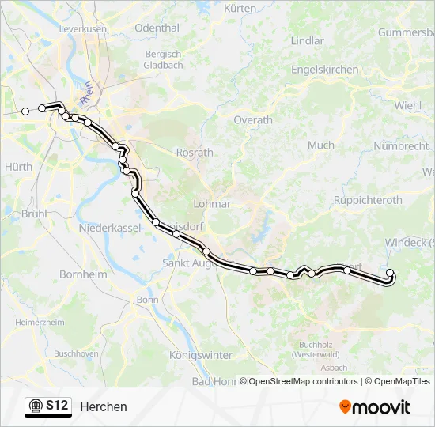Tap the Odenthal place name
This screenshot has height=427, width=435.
(x=157, y=28)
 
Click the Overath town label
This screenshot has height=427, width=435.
(x=253, y=120)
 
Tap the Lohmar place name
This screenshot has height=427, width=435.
(x=212, y=203)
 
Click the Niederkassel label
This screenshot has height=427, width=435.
(x=109, y=228)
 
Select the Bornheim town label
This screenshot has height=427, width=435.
(x=83, y=274)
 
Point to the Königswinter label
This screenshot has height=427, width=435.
(x=201, y=356)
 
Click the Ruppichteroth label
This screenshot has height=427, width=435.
(x=368, y=201)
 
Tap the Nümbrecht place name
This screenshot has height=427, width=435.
(x=401, y=146)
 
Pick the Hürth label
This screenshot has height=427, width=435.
(x=18, y=167)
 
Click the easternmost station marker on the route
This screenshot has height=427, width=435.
(x=389, y=274)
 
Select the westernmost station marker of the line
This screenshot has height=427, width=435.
(x=25, y=111)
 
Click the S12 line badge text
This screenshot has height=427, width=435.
(x=56, y=406)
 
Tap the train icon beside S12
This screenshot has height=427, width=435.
(x=36, y=406)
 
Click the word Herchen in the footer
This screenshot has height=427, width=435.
(x=103, y=406)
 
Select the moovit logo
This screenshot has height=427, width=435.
(x=375, y=407)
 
